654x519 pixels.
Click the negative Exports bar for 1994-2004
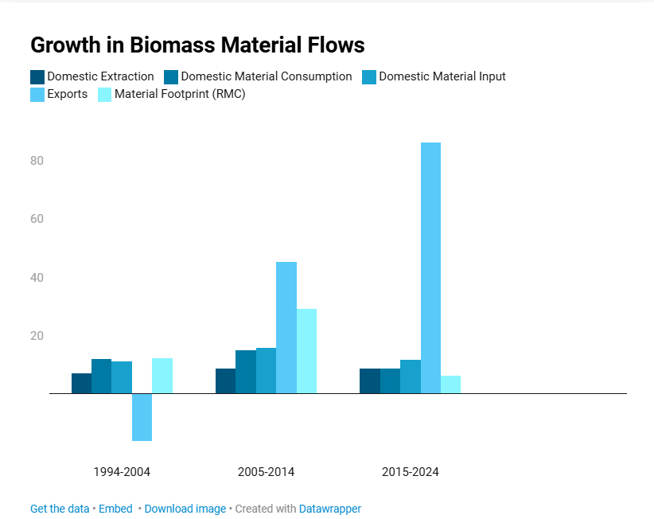(x=142, y=417)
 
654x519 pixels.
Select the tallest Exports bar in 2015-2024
(x=431, y=267)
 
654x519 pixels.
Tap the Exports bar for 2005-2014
(x=286, y=327)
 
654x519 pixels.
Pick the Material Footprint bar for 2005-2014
(x=306, y=351)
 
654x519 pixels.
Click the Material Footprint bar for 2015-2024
(x=451, y=384)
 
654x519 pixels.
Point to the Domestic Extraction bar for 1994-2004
(x=82, y=384)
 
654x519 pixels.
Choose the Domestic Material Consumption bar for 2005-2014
(x=246, y=372)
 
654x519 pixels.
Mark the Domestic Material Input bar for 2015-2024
(x=411, y=377)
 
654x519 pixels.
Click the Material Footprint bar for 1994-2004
(x=162, y=376)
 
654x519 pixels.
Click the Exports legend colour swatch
(x=37, y=95)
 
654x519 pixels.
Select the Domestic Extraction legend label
(x=100, y=76)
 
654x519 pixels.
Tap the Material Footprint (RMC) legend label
(x=180, y=94)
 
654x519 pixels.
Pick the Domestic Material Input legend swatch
(x=369, y=77)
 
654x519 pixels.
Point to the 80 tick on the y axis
(x=37, y=161)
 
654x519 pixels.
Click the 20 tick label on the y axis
(x=37, y=336)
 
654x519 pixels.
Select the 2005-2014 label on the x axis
(x=266, y=472)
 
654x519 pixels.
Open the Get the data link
(x=60, y=509)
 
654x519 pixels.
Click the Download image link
(x=185, y=509)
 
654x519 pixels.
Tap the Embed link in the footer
(x=115, y=509)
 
